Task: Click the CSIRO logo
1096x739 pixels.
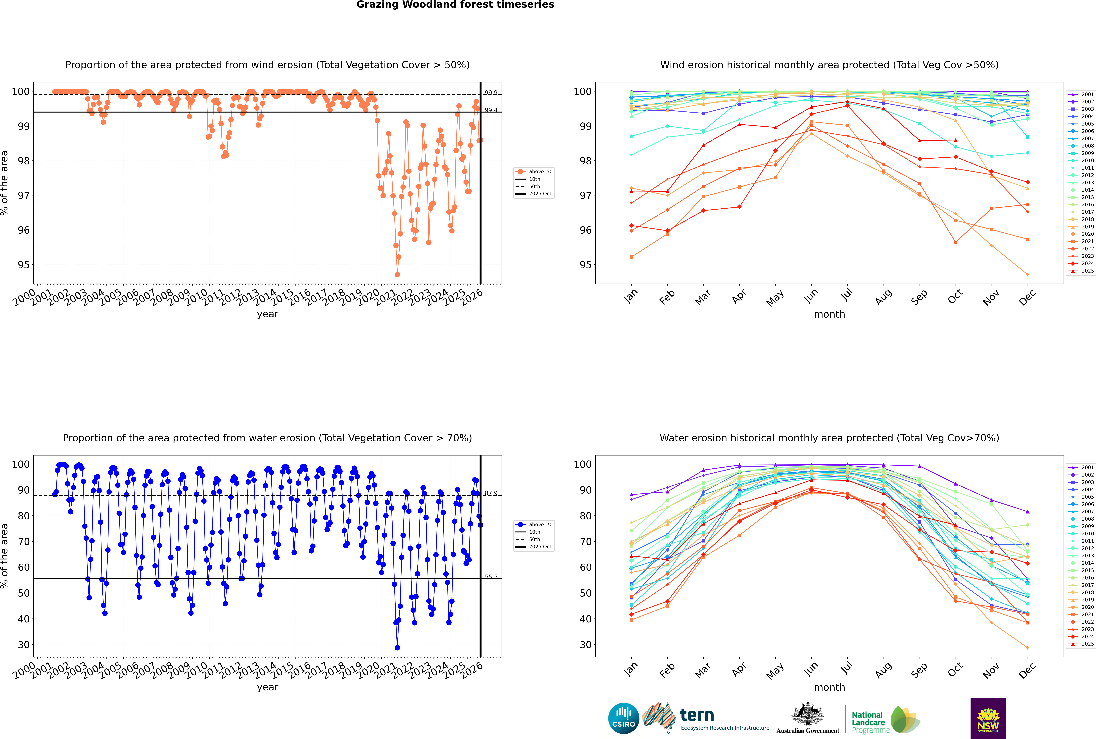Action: pyautogui.click(x=623, y=718)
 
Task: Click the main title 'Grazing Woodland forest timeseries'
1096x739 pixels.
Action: pyautogui.click(x=455, y=5)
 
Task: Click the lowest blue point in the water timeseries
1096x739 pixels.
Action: pyautogui.click(x=397, y=648)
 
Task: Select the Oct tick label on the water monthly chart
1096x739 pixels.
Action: pyautogui.click(x=955, y=669)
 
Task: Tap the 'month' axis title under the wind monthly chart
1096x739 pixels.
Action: pyautogui.click(x=829, y=314)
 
